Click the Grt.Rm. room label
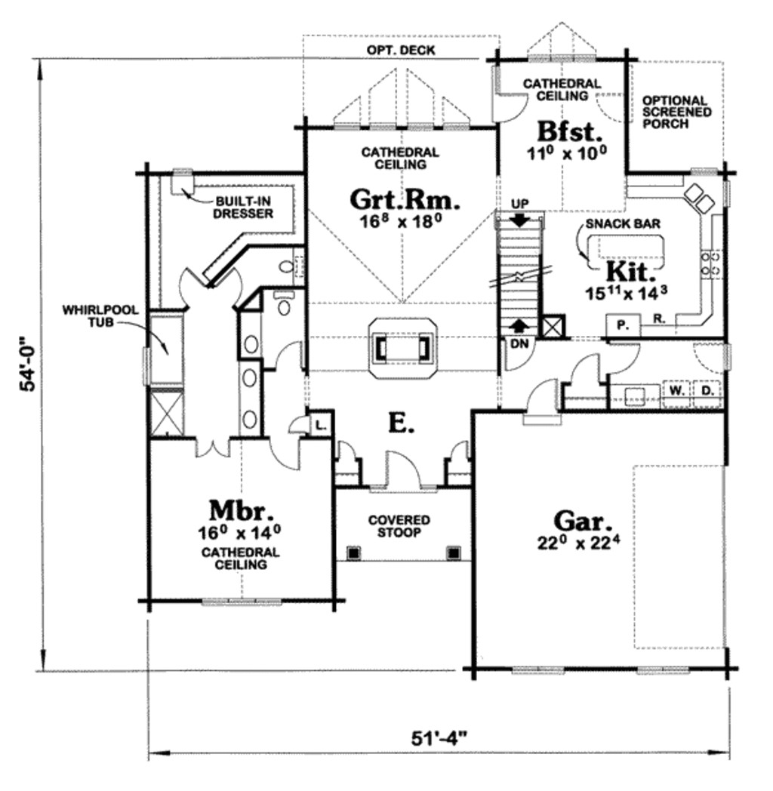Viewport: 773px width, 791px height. (405, 200)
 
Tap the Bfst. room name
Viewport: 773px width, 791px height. (570, 131)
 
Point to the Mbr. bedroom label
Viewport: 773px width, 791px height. (241, 510)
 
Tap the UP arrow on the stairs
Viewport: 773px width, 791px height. (520, 220)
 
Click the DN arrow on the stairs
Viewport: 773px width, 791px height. (519, 326)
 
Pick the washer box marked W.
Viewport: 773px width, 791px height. (677, 390)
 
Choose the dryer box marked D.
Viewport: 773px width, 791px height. (707, 390)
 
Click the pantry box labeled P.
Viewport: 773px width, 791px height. (623, 325)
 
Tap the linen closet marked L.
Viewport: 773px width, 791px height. (320, 426)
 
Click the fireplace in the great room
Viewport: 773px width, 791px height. (402, 348)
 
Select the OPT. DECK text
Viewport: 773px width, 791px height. (401, 51)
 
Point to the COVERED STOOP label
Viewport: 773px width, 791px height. (399, 526)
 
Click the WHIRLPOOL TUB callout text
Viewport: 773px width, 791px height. (100, 315)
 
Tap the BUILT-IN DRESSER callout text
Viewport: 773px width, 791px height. (243, 208)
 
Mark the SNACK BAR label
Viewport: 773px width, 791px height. (623, 223)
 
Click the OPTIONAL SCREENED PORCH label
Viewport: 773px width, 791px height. (676, 112)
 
